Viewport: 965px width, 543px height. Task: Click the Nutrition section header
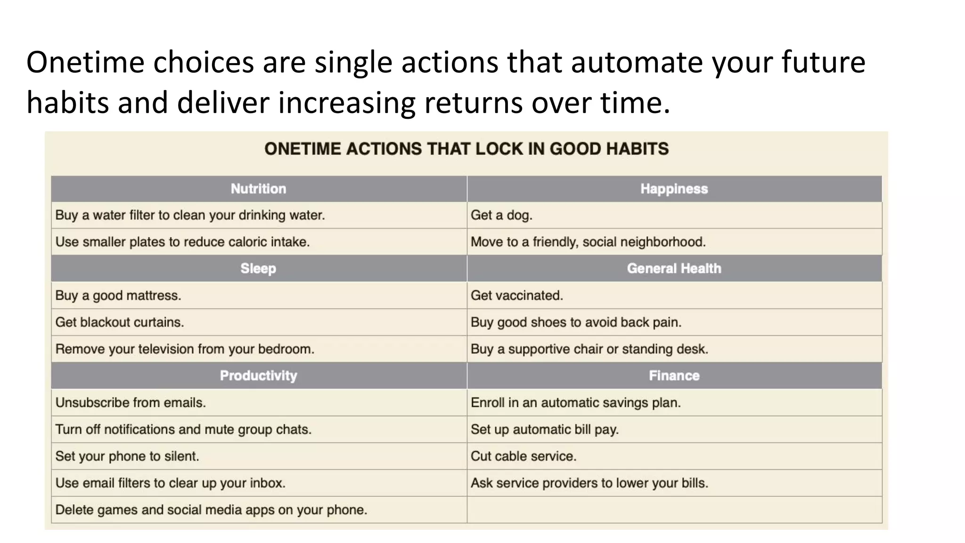(258, 189)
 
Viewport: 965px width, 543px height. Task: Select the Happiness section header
(674, 189)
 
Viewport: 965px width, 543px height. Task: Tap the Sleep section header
(258, 269)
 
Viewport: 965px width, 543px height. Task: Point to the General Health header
(674, 269)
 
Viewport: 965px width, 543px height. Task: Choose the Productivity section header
(258, 376)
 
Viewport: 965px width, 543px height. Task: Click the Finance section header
(674, 376)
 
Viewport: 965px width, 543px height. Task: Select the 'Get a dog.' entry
(501, 215)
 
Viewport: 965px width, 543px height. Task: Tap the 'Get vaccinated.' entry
(516, 296)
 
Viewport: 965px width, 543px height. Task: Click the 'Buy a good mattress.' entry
(118, 296)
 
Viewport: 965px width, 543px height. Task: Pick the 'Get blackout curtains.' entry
(119, 322)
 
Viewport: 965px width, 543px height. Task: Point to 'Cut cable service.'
(523, 456)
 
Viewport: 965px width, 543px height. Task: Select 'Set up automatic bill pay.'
(544, 429)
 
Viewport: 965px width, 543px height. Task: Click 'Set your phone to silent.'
(127, 456)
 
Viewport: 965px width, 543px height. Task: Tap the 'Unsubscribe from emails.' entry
(130, 403)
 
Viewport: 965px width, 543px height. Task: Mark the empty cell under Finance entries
(674, 510)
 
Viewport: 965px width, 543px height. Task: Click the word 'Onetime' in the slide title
(85, 62)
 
